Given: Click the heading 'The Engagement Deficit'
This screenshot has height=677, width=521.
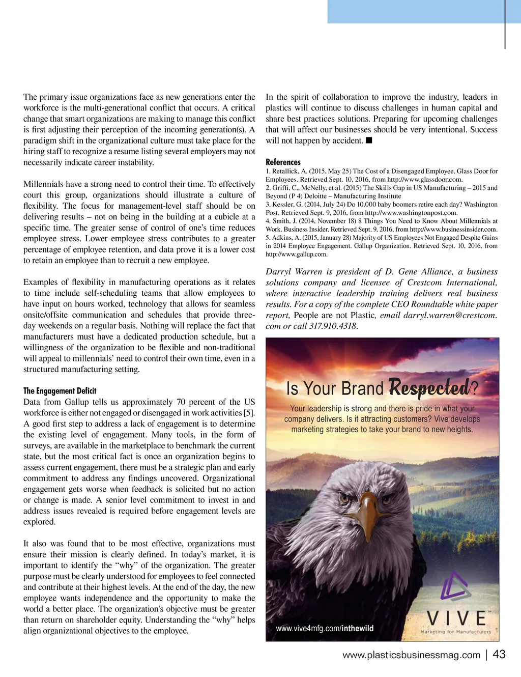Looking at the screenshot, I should (x=60, y=391).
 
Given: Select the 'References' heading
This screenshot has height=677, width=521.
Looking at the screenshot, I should (x=283, y=162).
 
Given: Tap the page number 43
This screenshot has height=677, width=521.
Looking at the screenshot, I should (x=499, y=654).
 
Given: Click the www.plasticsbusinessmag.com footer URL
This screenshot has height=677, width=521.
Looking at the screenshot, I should (x=411, y=655).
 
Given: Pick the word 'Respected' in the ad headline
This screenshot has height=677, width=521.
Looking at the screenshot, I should (x=429, y=388).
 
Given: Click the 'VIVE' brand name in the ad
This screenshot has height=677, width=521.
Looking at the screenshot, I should (x=456, y=618).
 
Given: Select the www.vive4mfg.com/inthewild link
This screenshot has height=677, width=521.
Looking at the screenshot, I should (x=325, y=629).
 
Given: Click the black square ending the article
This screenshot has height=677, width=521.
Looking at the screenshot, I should (x=369, y=140).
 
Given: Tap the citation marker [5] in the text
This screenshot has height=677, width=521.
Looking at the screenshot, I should (x=249, y=413).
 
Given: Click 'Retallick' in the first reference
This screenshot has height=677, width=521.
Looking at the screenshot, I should (x=285, y=172).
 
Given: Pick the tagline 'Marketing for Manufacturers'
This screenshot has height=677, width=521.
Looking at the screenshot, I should (x=455, y=632).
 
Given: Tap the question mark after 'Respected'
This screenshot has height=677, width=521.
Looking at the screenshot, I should (x=474, y=389).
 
